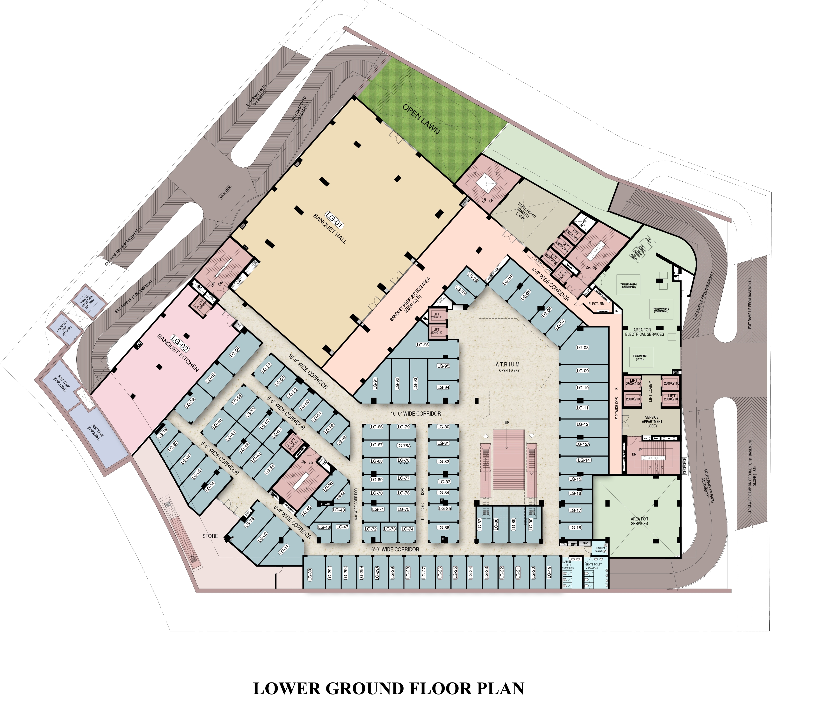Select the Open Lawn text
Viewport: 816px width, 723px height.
[421, 119]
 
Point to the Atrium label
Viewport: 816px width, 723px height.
[508, 365]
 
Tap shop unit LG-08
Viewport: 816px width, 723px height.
[582, 347]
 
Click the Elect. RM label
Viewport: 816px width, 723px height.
[596, 304]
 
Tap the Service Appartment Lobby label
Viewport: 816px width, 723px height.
[652, 421]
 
